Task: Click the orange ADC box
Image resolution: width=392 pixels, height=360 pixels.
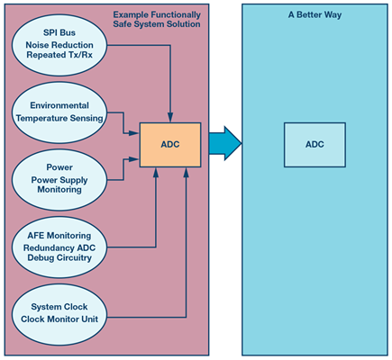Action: (x=170, y=145)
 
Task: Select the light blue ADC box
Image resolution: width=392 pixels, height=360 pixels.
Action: (x=315, y=145)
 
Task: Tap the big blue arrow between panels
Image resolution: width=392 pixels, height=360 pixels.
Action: (x=225, y=143)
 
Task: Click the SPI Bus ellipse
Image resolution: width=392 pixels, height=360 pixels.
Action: (x=59, y=45)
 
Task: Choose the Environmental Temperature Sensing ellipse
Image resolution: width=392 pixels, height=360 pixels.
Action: (x=59, y=112)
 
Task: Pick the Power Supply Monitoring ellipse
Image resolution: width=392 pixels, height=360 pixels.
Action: (x=59, y=180)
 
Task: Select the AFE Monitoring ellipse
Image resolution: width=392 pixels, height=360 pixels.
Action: (x=59, y=247)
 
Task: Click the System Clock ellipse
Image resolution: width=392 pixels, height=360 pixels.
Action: (x=59, y=315)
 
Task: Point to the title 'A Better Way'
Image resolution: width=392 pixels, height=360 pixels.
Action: (x=315, y=14)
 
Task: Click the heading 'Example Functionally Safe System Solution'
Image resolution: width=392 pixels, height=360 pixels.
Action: (x=157, y=19)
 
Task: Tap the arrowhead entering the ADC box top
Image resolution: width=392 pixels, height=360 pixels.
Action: (x=170, y=118)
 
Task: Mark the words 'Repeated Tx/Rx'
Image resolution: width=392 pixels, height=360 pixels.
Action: (x=59, y=55)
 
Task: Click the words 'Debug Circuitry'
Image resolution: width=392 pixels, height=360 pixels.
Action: (x=59, y=257)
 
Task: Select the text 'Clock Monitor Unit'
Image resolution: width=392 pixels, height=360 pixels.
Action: (x=59, y=319)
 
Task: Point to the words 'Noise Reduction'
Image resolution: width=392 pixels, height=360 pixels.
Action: (x=59, y=45)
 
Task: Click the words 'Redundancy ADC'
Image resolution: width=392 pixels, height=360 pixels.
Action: (x=59, y=248)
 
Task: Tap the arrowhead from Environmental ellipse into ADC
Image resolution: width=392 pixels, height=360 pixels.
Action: (x=134, y=132)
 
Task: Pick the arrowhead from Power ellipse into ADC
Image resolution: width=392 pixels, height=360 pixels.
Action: (x=134, y=159)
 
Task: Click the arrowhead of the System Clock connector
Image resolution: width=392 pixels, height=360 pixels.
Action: (x=187, y=172)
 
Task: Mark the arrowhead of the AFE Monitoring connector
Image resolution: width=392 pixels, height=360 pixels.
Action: (x=156, y=172)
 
